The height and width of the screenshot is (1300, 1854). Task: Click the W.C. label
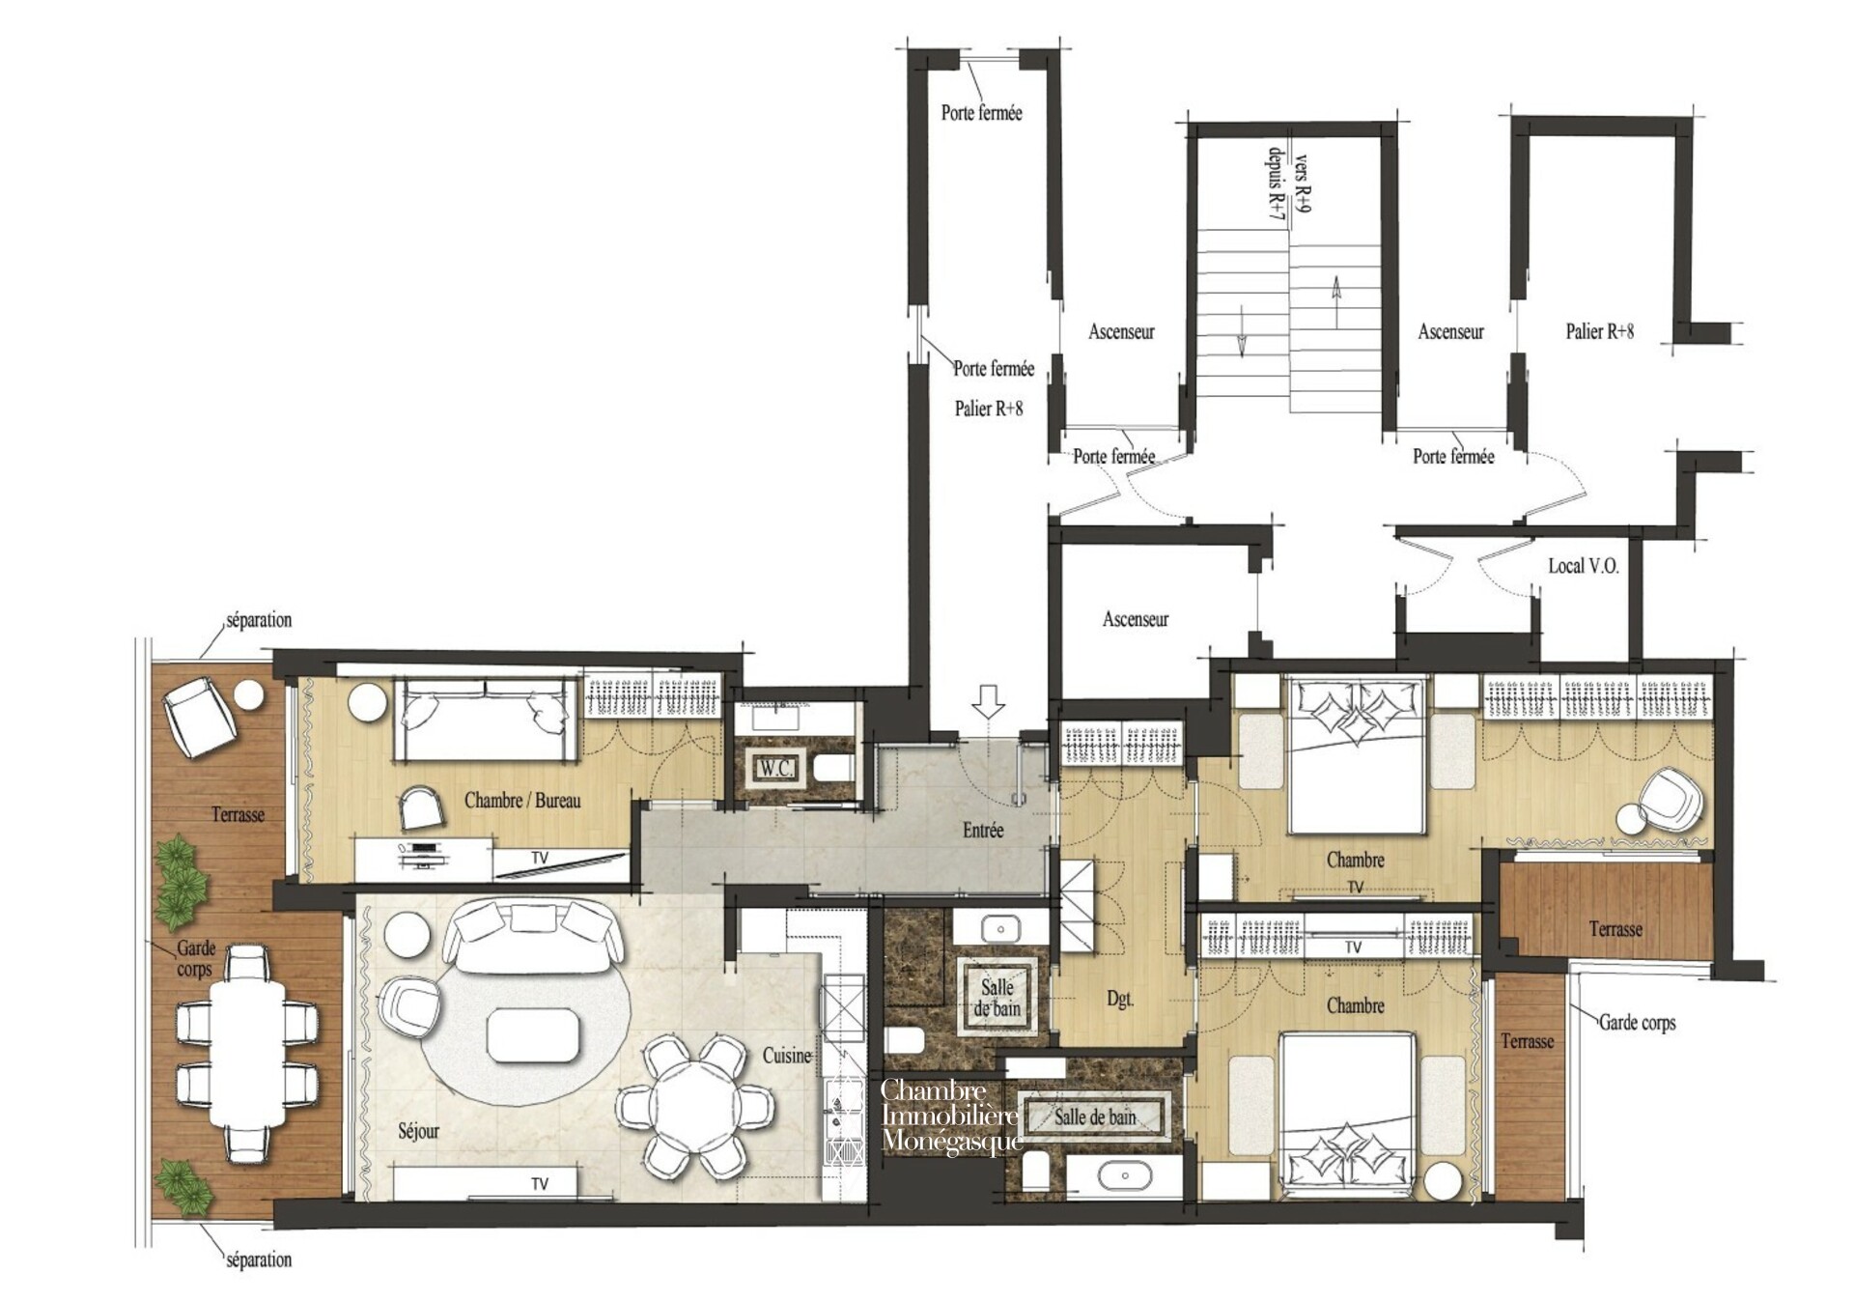tap(775, 769)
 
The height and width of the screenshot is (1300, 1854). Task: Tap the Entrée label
tap(983, 830)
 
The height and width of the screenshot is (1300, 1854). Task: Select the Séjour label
tap(418, 1131)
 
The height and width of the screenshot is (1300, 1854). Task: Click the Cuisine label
tap(787, 1056)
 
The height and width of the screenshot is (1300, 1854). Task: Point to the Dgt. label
tap(1120, 1000)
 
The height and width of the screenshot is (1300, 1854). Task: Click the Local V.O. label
tap(1583, 566)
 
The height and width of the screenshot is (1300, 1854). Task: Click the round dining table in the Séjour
tap(694, 1106)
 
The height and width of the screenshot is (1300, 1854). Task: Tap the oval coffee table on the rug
tap(535, 1034)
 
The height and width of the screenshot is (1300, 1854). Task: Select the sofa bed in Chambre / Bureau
tap(485, 719)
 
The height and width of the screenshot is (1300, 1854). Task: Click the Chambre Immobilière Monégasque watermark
tap(951, 1116)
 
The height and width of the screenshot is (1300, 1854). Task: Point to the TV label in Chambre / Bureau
tap(540, 858)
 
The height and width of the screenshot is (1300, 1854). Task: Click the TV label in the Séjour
tap(540, 1184)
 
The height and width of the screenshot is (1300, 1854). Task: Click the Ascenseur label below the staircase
tap(1136, 619)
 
